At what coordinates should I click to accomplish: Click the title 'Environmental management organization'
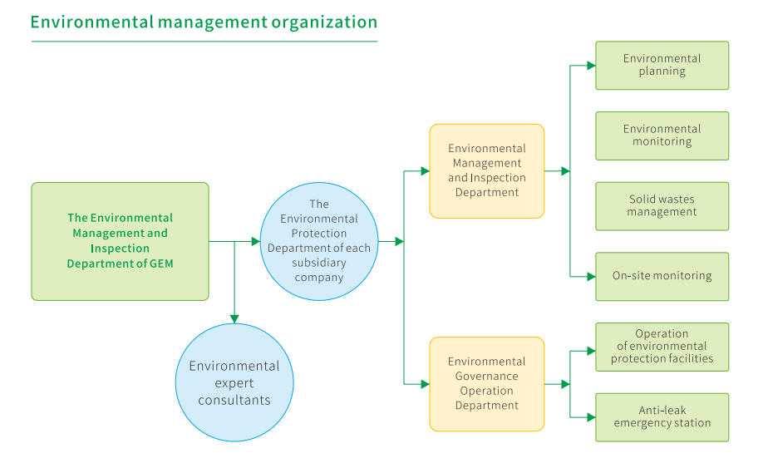click(x=204, y=22)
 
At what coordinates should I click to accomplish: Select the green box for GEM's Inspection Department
click(x=120, y=241)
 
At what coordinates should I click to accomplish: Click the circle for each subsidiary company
click(x=319, y=241)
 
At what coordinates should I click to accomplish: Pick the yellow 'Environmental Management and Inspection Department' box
click(x=487, y=171)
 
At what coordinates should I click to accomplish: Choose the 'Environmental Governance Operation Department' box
click(x=487, y=384)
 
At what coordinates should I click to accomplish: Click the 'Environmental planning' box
click(x=662, y=65)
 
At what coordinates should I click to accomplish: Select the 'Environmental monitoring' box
click(x=662, y=135)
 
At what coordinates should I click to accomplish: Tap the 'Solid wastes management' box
click(x=662, y=206)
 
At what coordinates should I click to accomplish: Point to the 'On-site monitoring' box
click(x=662, y=276)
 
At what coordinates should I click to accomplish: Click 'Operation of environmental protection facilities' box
click(x=662, y=347)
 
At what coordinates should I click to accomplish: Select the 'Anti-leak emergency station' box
click(x=662, y=417)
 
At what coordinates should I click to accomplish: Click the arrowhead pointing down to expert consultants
click(x=234, y=318)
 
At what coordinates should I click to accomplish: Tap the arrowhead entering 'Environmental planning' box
click(x=590, y=65)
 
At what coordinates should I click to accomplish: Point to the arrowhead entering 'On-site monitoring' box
click(x=590, y=276)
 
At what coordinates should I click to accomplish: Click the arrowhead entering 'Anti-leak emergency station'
click(x=590, y=417)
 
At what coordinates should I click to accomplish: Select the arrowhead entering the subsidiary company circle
click(x=255, y=242)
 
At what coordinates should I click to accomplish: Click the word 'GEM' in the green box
click(x=160, y=264)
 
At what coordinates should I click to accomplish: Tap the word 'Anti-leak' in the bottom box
click(x=662, y=411)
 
